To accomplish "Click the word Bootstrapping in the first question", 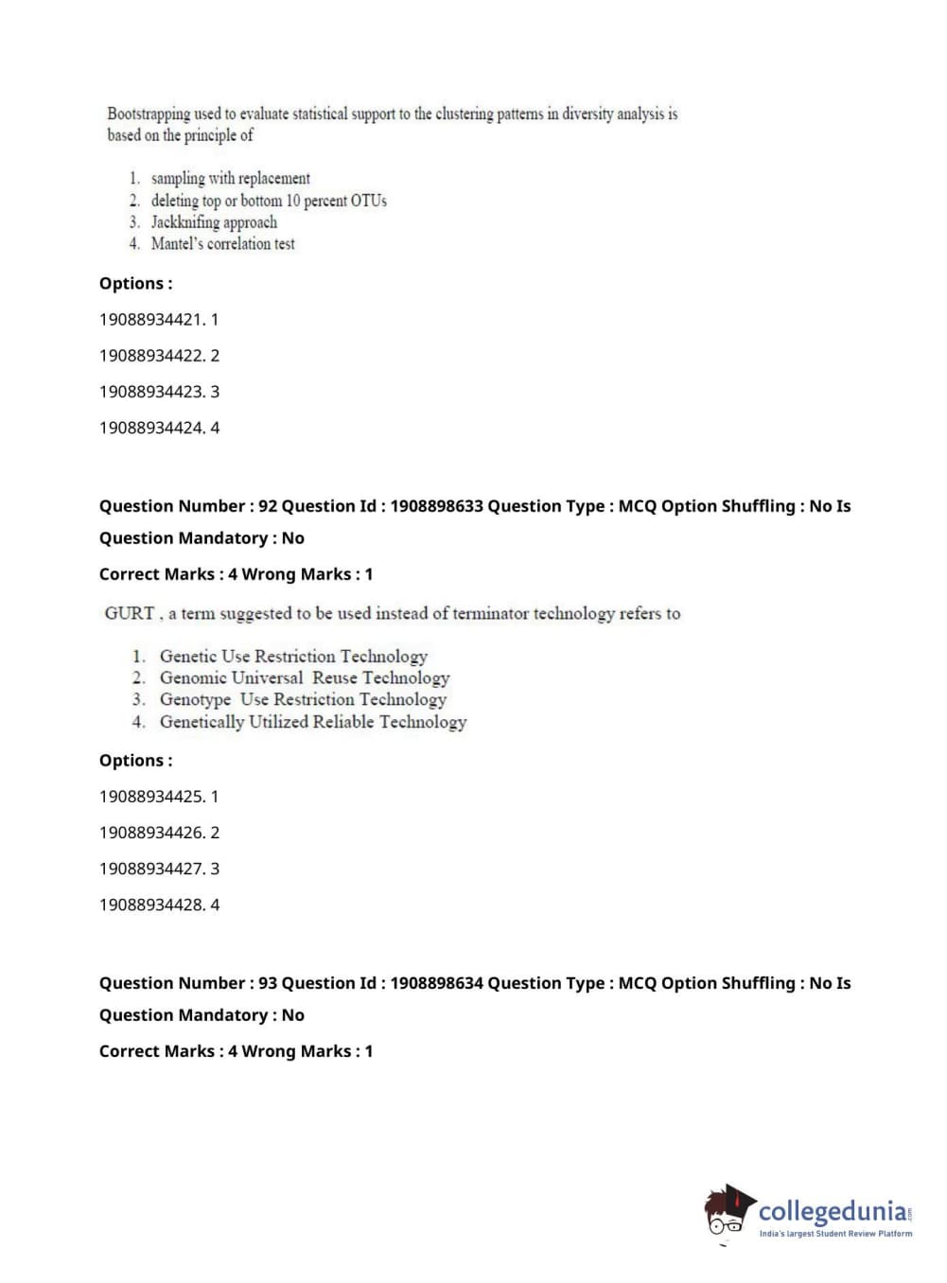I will [x=149, y=114].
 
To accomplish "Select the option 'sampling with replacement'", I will [x=230, y=178].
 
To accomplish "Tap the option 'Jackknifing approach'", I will [x=214, y=222].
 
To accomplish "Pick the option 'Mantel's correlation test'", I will [x=222, y=244].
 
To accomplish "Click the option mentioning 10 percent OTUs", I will [x=269, y=201].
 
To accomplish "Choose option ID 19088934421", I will [x=158, y=320].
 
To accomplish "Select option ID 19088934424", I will [x=159, y=428].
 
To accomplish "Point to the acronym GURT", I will [x=129, y=613].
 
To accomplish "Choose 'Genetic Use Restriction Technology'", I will [x=293, y=657].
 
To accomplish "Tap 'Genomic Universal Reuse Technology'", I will [x=304, y=678].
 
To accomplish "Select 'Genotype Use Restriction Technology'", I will [x=303, y=700].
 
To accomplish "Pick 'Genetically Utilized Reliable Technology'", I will [x=312, y=722].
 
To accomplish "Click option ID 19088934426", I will [x=159, y=833].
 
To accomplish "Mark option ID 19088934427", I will [x=159, y=869].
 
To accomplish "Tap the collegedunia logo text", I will [x=833, y=1211].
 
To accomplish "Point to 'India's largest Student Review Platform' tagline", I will [x=835, y=1234].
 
